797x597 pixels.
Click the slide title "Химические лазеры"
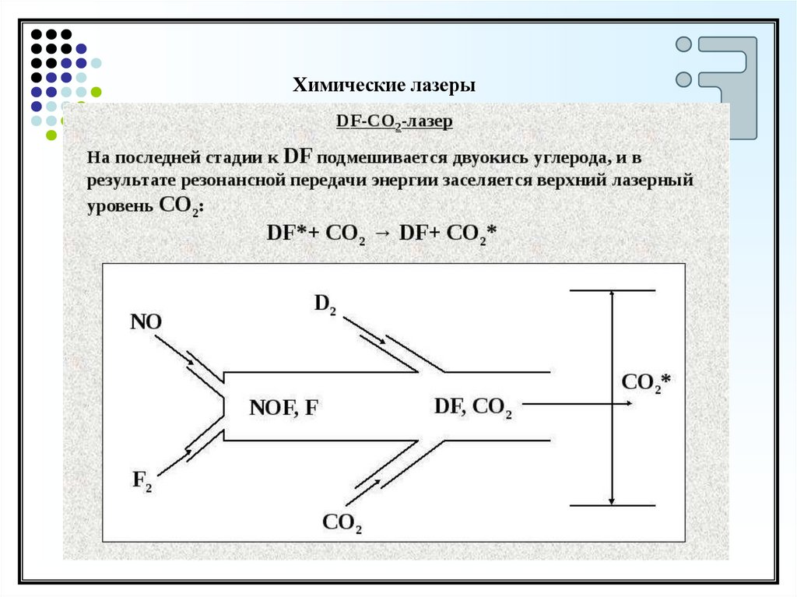[x=384, y=85]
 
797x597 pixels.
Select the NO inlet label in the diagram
[x=146, y=321]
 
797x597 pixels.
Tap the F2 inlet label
[x=142, y=481]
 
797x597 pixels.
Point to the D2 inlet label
[x=325, y=304]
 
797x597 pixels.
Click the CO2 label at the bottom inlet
[x=342, y=523]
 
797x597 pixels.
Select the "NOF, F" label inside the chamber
[x=283, y=408]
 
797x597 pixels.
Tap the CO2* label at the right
[x=647, y=383]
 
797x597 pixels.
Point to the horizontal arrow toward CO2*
[x=577, y=405]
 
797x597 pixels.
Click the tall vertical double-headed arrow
[x=613, y=398]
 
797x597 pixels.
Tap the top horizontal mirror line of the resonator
[x=613, y=290]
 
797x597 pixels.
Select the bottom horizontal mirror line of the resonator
[x=613, y=506]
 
